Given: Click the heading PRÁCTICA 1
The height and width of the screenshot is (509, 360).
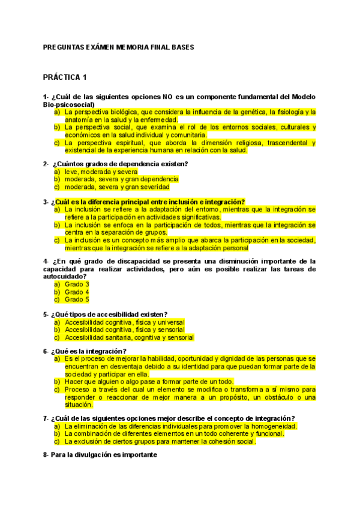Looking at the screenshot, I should click(x=65, y=77).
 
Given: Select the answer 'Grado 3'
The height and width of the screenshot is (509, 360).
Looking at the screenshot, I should click(x=77, y=284).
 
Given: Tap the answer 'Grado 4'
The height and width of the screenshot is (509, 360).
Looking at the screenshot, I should click(x=77, y=292).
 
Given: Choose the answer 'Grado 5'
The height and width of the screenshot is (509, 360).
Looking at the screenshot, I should click(x=77, y=299).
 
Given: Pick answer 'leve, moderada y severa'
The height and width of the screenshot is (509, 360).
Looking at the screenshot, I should click(x=101, y=172).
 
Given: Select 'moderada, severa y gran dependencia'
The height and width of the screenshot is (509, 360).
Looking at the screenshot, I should click(x=121, y=179).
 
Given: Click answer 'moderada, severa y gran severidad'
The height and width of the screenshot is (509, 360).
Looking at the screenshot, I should click(x=117, y=187).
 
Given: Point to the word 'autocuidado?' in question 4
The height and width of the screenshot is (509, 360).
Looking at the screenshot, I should click(x=64, y=276).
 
